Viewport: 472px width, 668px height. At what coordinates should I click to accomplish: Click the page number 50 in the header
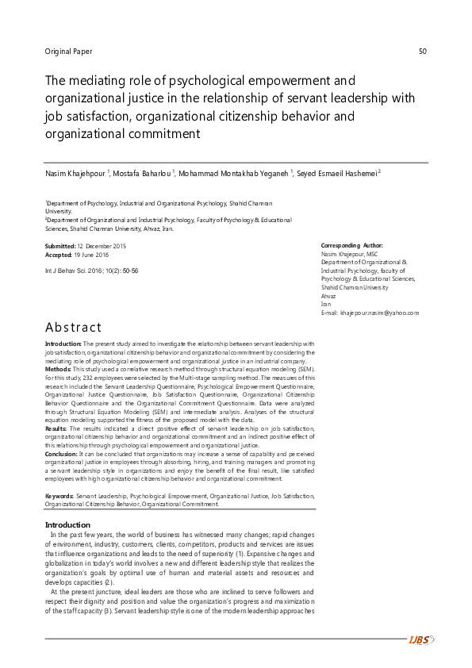point(422,52)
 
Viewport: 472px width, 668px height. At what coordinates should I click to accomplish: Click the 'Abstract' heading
point(73,327)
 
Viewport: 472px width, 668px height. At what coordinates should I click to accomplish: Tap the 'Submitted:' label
point(60,247)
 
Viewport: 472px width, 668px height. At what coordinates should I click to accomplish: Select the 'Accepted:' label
point(59,255)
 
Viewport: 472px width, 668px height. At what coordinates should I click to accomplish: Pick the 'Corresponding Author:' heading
point(351,246)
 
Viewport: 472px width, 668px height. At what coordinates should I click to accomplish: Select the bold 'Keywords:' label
point(60,496)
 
